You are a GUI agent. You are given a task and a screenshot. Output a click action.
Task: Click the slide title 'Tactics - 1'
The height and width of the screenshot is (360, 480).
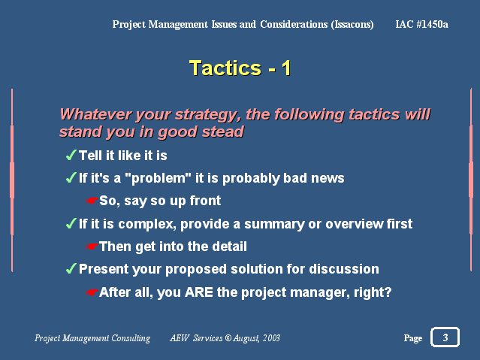click(x=240, y=68)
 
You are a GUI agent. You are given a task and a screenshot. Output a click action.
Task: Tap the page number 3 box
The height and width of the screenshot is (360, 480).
click(x=445, y=337)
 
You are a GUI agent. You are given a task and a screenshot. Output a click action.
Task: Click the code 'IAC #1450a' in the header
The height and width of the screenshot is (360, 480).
click(x=421, y=24)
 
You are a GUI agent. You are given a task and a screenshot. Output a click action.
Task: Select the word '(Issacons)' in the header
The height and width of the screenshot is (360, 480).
click(x=352, y=24)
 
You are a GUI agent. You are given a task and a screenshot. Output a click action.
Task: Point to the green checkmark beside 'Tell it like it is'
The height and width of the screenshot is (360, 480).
click(x=71, y=155)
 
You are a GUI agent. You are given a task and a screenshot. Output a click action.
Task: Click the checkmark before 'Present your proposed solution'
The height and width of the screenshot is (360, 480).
click(x=71, y=269)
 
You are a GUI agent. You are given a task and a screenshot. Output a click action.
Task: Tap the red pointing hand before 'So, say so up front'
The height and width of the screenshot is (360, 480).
click(x=92, y=201)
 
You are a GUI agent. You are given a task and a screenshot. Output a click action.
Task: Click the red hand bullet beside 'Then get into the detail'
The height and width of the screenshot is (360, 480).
click(x=92, y=247)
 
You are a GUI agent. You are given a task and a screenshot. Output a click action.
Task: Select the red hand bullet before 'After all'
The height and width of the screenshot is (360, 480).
click(x=92, y=292)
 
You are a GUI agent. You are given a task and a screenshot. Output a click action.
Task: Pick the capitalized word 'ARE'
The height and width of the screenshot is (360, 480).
click(x=199, y=292)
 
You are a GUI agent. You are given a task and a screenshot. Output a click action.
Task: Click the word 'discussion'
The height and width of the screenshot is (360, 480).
click(x=344, y=269)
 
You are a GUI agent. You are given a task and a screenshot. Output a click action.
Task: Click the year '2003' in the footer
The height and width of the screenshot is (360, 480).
click(x=271, y=338)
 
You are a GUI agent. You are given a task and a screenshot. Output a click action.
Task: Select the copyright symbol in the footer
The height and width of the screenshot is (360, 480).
click(x=228, y=338)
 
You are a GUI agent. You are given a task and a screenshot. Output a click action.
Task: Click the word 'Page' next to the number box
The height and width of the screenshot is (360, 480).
click(x=413, y=338)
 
